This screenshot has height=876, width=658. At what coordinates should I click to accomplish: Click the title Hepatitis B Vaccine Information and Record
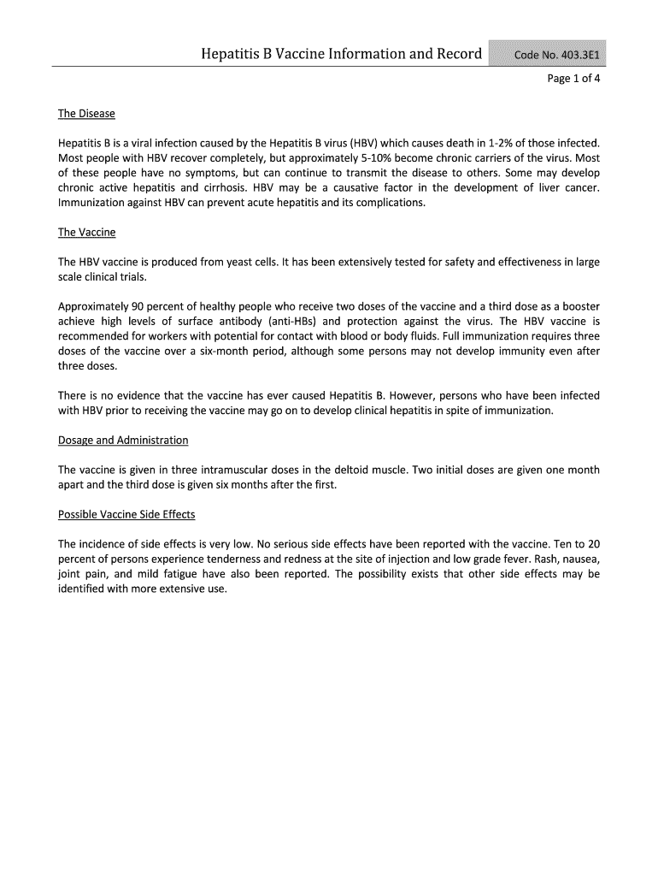(x=342, y=56)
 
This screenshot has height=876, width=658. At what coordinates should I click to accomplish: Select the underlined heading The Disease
(x=86, y=114)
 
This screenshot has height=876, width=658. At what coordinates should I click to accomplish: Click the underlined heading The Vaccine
(x=86, y=232)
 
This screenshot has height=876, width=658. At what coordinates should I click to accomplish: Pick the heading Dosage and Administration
(x=123, y=440)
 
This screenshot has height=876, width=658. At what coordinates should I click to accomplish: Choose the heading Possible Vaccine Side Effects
(x=126, y=514)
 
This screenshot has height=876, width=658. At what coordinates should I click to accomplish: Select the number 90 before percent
(x=136, y=306)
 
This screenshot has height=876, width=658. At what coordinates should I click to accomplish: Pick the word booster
(x=579, y=306)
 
